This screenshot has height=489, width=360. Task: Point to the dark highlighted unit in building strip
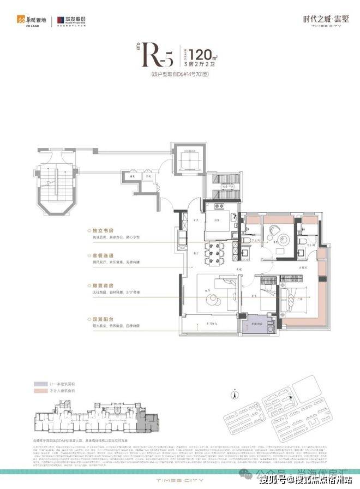tap(147, 421)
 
